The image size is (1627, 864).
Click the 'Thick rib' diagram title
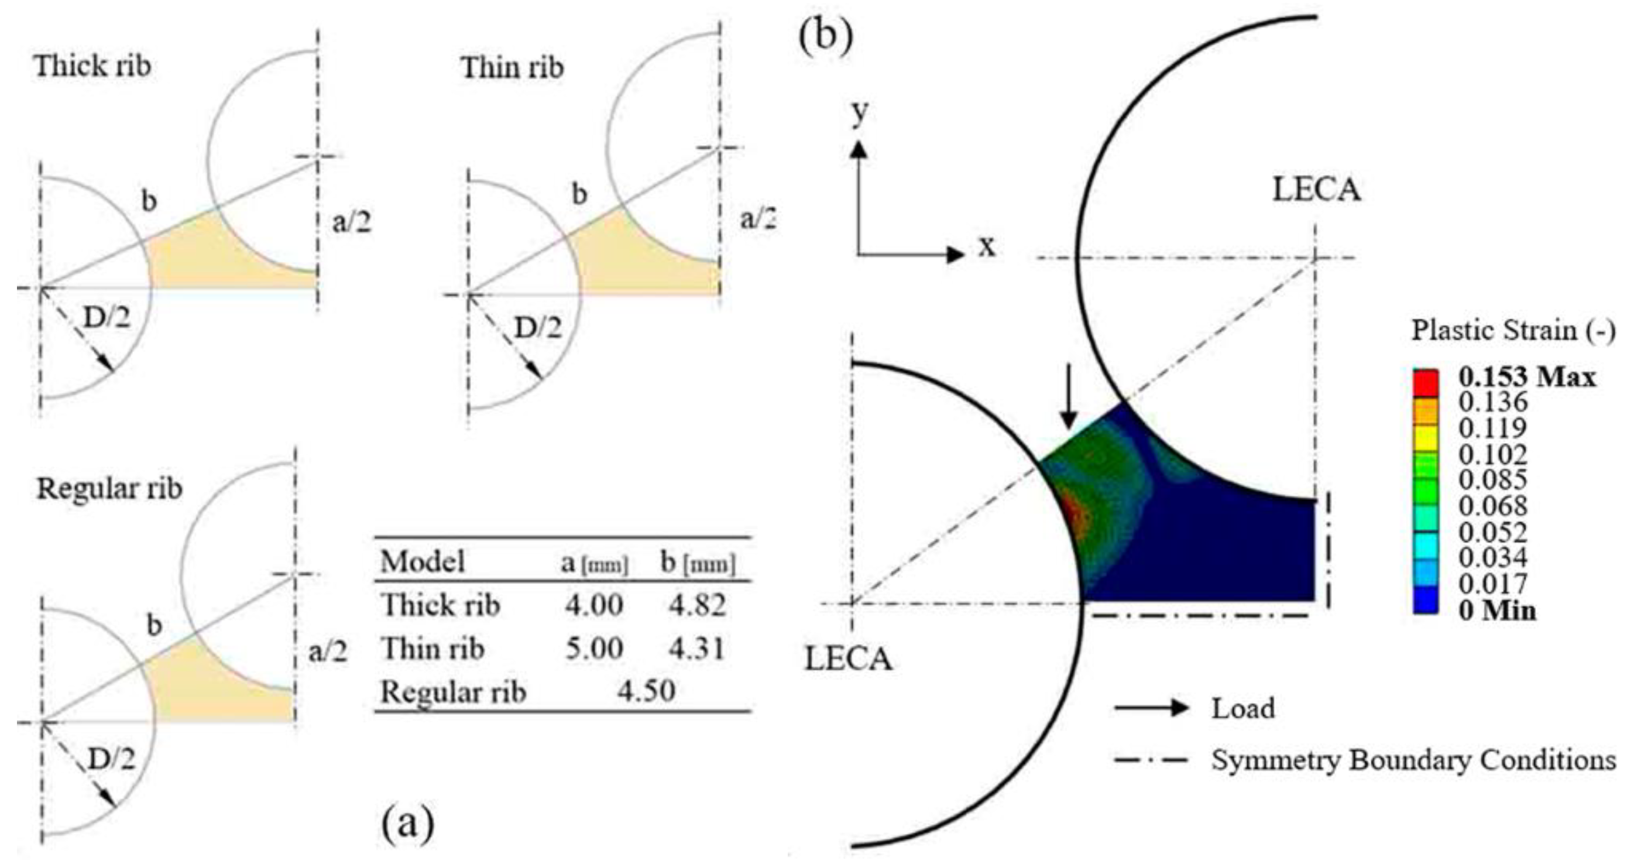click(x=93, y=66)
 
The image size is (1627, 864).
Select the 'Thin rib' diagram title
click(x=512, y=68)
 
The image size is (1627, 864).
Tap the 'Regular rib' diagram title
click(x=109, y=489)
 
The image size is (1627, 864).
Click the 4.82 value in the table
click(x=697, y=606)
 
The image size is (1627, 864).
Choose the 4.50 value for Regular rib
click(x=647, y=691)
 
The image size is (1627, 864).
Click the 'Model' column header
click(x=423, y=561)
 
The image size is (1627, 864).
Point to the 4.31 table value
click(x=697, y=649)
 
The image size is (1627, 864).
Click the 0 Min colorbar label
click(x=1497, y=611)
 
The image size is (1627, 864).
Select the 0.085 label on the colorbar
click(x=1492, y=480)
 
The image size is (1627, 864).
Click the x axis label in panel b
click(x=987, y=247)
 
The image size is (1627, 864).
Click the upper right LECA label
click(x=1316, y=190)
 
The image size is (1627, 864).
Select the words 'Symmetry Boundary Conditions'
click(x=1413, y=760)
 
